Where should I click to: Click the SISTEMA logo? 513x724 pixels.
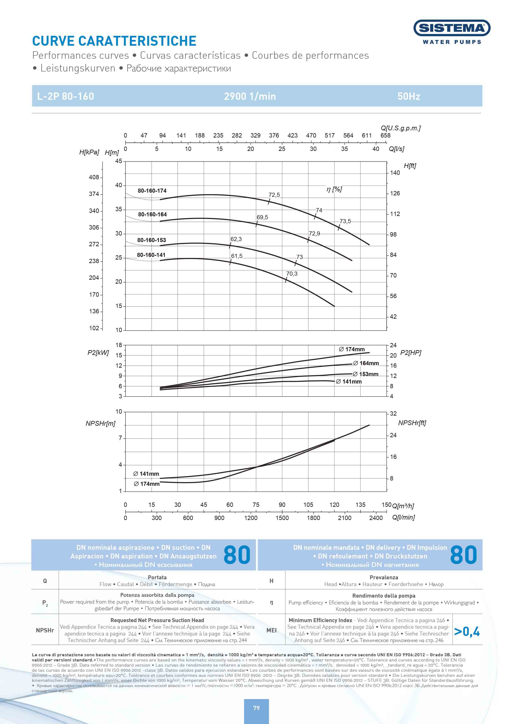[x=452, y=28]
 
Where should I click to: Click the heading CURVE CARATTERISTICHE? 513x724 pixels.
[x=114, y=41]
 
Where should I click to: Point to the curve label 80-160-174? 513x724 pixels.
[x=152, y=191]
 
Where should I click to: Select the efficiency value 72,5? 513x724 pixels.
[x=274, y=195]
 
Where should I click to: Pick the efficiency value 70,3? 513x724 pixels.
[x=292, y=274]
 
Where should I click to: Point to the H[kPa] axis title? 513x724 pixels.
[x=89, y=152]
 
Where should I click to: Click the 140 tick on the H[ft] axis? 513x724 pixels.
[x=395, y=173]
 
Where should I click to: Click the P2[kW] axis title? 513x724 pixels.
[x=98, y=353]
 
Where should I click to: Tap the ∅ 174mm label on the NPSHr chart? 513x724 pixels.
[x=146, y=484]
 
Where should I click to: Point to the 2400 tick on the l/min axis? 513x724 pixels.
[x=376, y=518]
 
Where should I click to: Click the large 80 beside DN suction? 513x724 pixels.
[x=237, y=555]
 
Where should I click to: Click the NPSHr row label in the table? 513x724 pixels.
[x=45, y=630]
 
